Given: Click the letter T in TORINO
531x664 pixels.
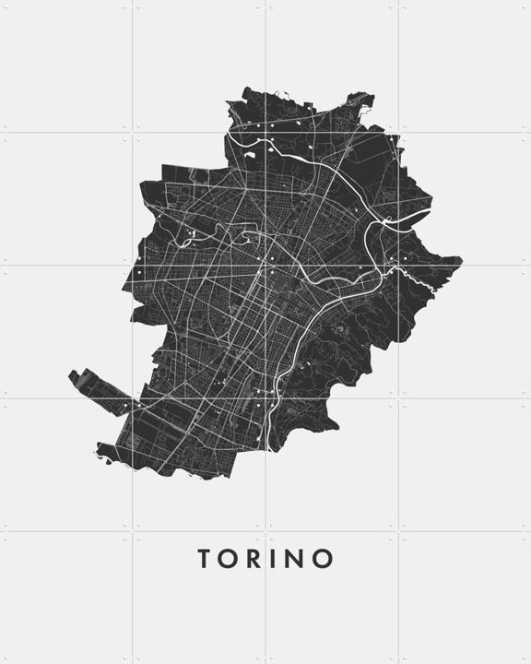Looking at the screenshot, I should [205, 559].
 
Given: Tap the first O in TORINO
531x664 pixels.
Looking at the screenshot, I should [230, 559].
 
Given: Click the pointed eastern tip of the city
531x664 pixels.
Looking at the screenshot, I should [461, 263].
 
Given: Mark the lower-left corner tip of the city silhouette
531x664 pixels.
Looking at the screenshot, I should [96, 453].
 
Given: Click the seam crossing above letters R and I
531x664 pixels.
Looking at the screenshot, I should [265, 531].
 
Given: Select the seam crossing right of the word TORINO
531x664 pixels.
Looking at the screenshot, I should [398, 531].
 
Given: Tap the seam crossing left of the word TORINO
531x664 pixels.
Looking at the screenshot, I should [133, 531].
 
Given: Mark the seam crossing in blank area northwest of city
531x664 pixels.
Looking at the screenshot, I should [133, 133].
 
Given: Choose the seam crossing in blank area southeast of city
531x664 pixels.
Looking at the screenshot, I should [398, 398].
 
